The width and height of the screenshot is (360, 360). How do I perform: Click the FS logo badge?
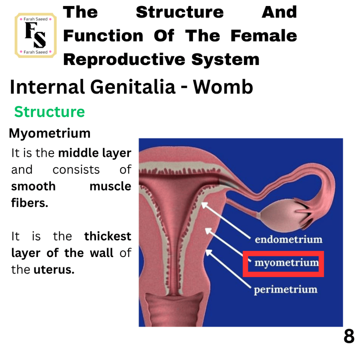tap(36, 36)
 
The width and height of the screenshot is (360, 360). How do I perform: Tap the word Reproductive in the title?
tap(124, 59)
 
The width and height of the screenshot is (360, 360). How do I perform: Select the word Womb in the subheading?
tap(223, 87)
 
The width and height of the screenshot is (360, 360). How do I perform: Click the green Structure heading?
tap(50, 112)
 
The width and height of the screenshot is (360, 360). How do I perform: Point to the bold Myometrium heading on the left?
tap(50, 133)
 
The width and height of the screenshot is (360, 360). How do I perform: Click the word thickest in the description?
tap(108, 236)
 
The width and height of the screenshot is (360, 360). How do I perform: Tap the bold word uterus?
tap(54, 270)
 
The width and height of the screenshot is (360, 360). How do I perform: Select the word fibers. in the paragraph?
tap(30, 203)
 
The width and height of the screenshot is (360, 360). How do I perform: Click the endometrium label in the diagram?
tap(289, 239)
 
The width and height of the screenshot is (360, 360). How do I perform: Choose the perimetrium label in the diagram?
tap(285, 290)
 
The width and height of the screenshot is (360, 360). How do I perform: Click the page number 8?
tap(349, 336)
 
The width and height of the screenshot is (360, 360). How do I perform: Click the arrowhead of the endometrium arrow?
tap(204, 205)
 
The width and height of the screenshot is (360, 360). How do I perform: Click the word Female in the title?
tap(264, 36)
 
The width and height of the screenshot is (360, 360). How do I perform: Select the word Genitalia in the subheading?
tap(133, 87)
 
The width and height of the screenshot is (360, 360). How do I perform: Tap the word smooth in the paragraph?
tap(33, 186)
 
